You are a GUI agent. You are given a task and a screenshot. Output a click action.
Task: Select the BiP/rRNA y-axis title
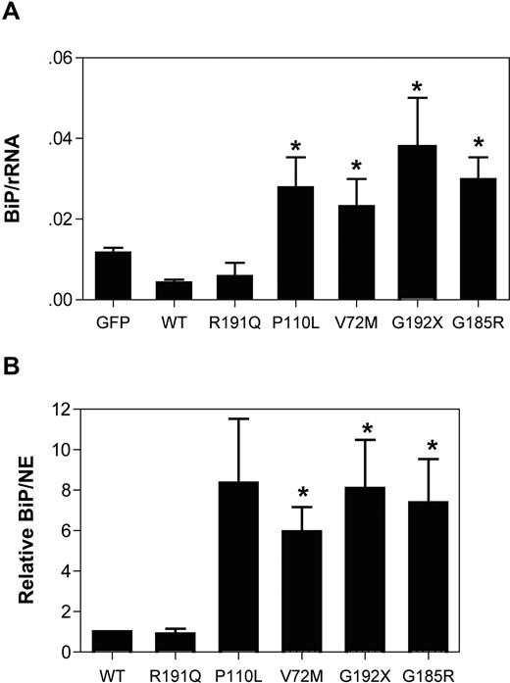(x=19, y=181)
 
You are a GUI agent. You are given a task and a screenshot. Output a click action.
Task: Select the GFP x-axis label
(x=113, y=318)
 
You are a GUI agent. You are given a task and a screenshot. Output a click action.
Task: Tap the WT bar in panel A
(x=174, y=290)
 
